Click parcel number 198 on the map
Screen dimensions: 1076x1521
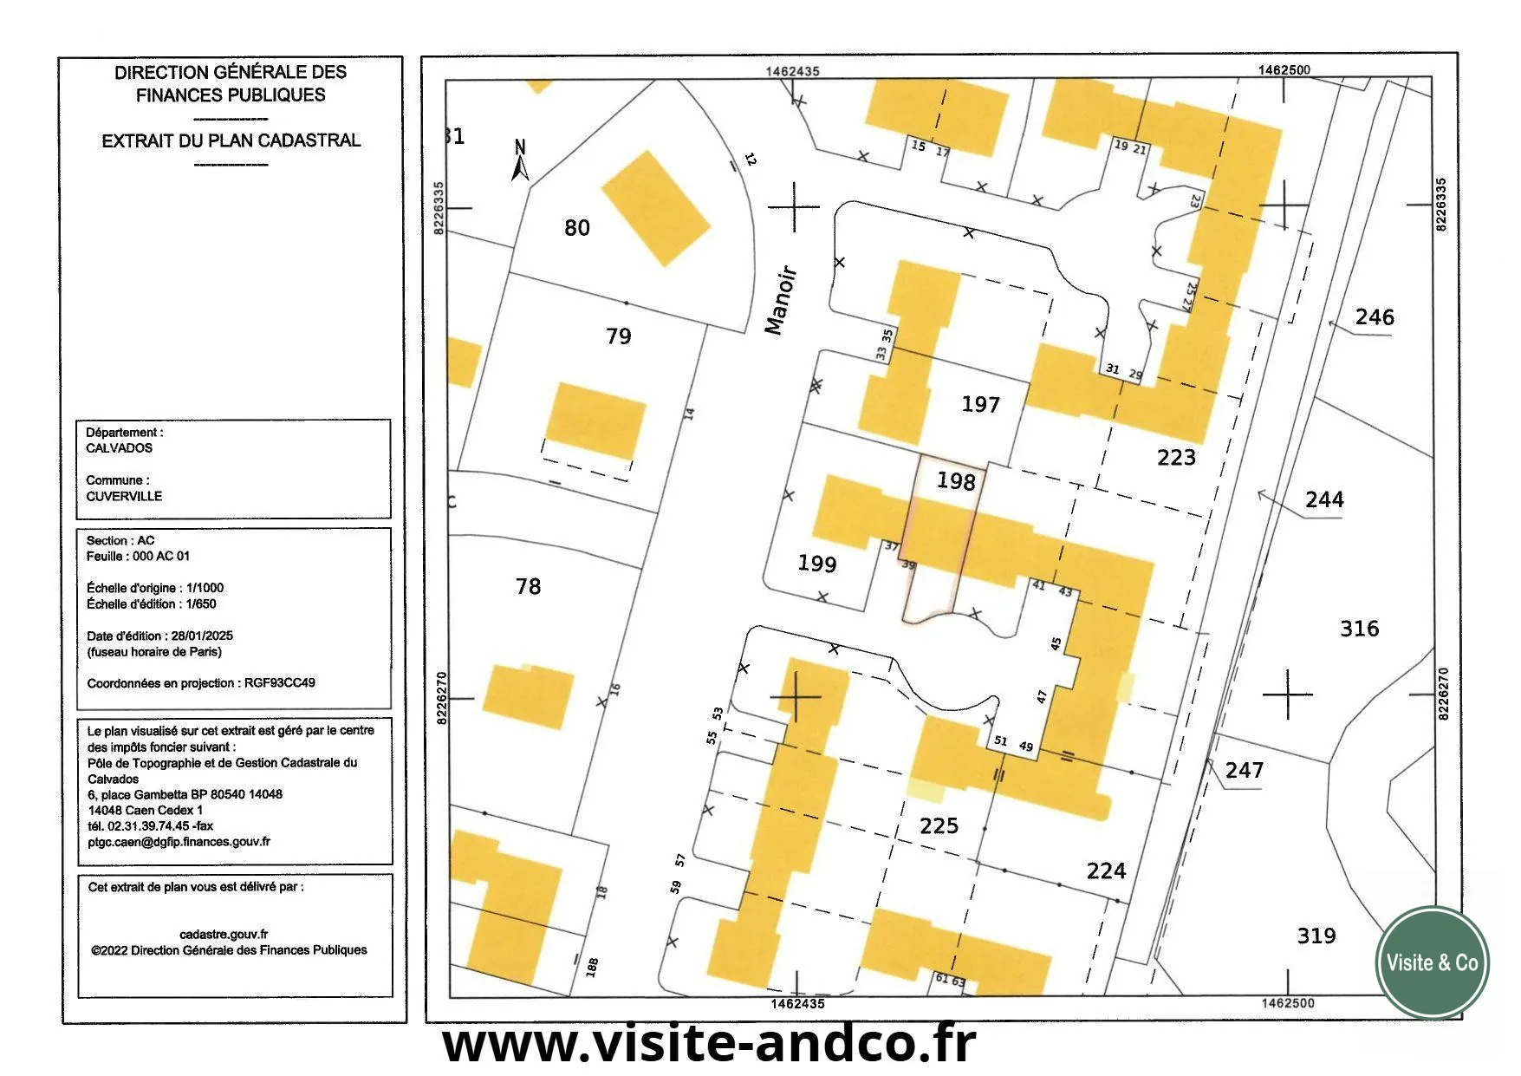click(956, 481)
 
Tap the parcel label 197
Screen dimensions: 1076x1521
click(980, 404)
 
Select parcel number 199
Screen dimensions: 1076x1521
click(816, 564)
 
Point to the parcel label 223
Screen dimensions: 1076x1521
click(1176, 457)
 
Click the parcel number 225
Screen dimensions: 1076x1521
click(939, 825)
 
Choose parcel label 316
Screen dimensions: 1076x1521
click(1359, 629)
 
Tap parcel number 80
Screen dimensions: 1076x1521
click(576, 228)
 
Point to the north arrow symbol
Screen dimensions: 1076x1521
click(520, 161)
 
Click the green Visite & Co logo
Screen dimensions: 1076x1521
click(1432, 962)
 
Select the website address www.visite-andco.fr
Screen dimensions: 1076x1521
click(709, 1043)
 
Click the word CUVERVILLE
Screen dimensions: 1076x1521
click(124, 497)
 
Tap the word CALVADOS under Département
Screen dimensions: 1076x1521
click(119, 448)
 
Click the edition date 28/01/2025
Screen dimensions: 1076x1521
click(202, 636)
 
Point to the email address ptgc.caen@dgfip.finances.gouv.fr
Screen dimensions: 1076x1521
click(179, 841)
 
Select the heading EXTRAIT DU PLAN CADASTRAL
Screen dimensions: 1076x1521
click(231, 140)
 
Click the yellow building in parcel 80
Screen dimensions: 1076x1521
click(655, 208)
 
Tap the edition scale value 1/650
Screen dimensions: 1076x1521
click(201, 603)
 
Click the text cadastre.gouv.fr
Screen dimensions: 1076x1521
click(224, 934)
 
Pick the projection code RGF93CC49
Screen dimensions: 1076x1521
click(279, 683)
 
